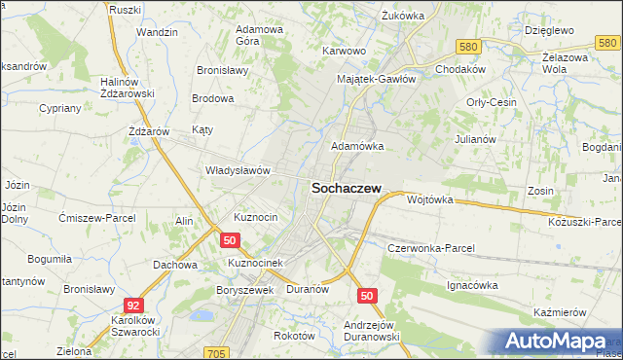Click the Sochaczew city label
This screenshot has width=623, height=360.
tap(346, 190)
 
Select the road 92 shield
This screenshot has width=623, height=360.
tap(134, 305)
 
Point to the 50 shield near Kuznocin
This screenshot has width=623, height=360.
tap(230, 239)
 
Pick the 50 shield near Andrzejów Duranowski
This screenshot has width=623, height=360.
tap(367, 295)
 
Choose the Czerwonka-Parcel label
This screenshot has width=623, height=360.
tap(430, 248)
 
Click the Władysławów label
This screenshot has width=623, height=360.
tap(237, 169)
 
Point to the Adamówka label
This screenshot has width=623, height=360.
tap(358, 146)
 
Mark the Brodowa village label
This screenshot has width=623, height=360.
tap(213, 98)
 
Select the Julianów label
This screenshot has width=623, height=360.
tap(476, 139)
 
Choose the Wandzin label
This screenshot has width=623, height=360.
tap(157, 32)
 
